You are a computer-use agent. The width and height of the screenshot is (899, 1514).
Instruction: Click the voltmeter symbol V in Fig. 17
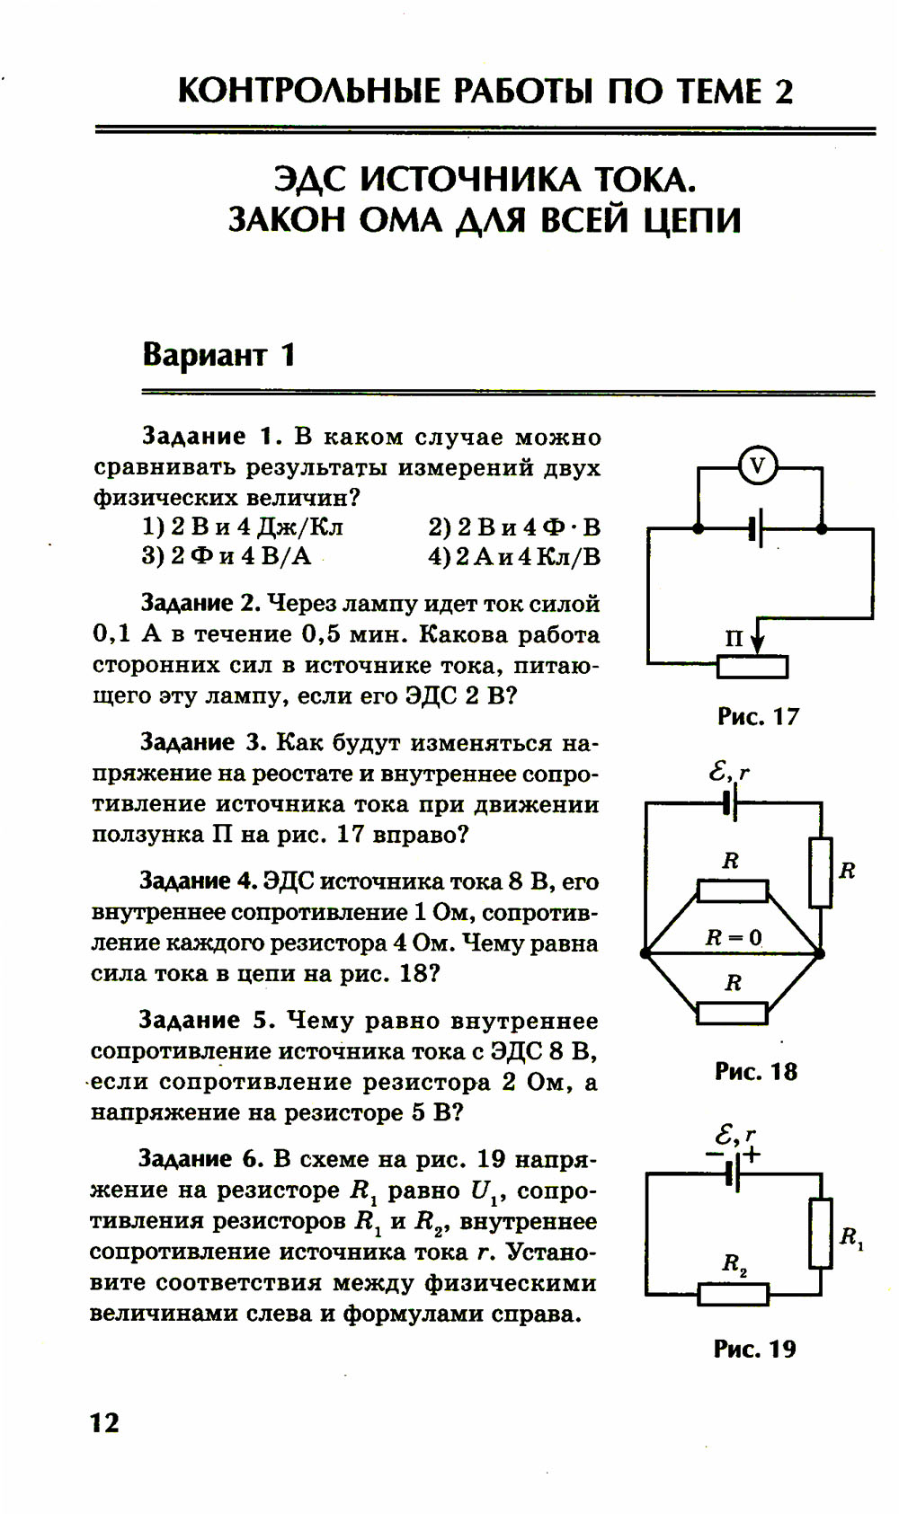coord(758,465)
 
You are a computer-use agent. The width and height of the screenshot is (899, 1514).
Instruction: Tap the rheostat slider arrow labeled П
coord(757,639)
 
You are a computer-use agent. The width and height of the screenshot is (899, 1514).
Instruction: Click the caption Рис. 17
coord(758,716)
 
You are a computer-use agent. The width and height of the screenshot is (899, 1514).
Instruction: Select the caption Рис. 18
coord(756,1071)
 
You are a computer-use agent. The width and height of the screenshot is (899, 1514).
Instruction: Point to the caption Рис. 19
coord(755,1349)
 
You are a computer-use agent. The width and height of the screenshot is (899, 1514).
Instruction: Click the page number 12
coord(104,1422)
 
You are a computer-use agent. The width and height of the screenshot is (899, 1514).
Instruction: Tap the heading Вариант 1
coord(218,355)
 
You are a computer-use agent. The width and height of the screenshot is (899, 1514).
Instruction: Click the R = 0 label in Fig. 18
coord(734,938)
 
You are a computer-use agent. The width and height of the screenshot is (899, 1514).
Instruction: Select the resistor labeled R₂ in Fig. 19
coord(734,1294)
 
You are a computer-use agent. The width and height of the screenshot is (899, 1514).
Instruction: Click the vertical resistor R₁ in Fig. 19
coord(820,1233)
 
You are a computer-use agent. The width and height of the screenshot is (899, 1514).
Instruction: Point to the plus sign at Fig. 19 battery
coord(752,1155)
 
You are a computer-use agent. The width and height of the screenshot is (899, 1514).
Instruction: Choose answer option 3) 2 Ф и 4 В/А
coord(227,556)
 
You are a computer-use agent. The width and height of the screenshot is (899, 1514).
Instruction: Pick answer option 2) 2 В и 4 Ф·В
coord(514,527)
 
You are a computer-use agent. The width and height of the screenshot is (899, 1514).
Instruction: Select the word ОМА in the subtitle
coord(399,220)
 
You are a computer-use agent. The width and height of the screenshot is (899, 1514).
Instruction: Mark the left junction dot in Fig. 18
coord(645,952)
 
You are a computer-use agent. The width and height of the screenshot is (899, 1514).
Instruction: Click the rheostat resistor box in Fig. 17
coord(753,667)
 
